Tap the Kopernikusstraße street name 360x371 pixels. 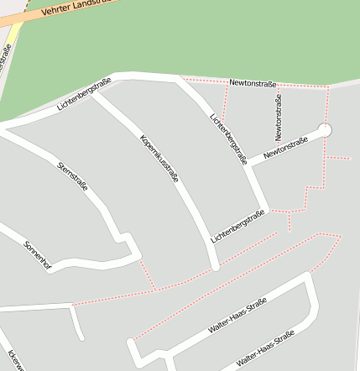159,159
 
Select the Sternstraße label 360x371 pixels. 72,175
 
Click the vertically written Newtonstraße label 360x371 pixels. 278,117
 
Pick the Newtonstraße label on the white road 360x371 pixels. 286,148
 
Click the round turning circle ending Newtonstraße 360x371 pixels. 325,130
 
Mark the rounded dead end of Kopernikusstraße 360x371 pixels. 215,266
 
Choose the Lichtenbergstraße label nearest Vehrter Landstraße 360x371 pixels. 84,94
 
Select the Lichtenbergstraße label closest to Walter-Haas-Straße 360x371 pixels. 238,226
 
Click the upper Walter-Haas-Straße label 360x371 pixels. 237,316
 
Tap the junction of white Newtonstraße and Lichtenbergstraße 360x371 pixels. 249,164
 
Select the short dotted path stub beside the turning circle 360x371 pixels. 337,158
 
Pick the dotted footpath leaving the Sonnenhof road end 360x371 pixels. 147,273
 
